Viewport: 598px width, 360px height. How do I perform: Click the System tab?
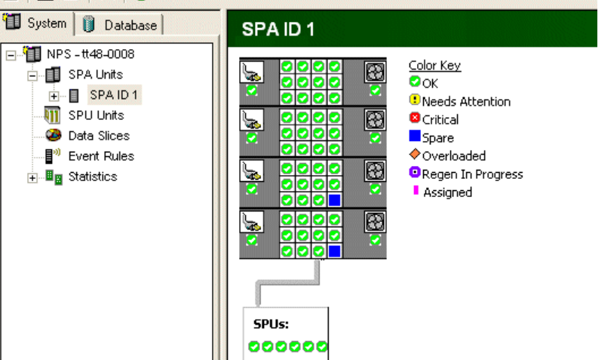38,23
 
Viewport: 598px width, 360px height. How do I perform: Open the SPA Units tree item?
95,75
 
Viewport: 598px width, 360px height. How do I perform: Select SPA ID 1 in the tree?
113,95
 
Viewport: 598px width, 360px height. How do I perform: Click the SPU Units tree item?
96,115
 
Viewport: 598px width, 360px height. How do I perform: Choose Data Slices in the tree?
98,136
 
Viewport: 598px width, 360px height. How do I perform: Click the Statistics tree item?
92,177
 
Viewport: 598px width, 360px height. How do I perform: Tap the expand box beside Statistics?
32,177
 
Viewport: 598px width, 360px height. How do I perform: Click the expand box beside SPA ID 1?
53,96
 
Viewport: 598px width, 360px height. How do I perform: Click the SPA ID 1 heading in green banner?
278,30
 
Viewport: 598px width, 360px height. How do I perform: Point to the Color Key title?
434,66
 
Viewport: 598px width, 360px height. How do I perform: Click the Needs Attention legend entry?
465,101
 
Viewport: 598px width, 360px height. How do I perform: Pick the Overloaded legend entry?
453,155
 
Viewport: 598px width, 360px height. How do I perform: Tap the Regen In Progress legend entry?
472,174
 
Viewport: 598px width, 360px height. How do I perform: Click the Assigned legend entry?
446,192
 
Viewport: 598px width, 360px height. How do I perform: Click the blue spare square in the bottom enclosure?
334,251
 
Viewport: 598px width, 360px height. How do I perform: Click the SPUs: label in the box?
268,325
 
